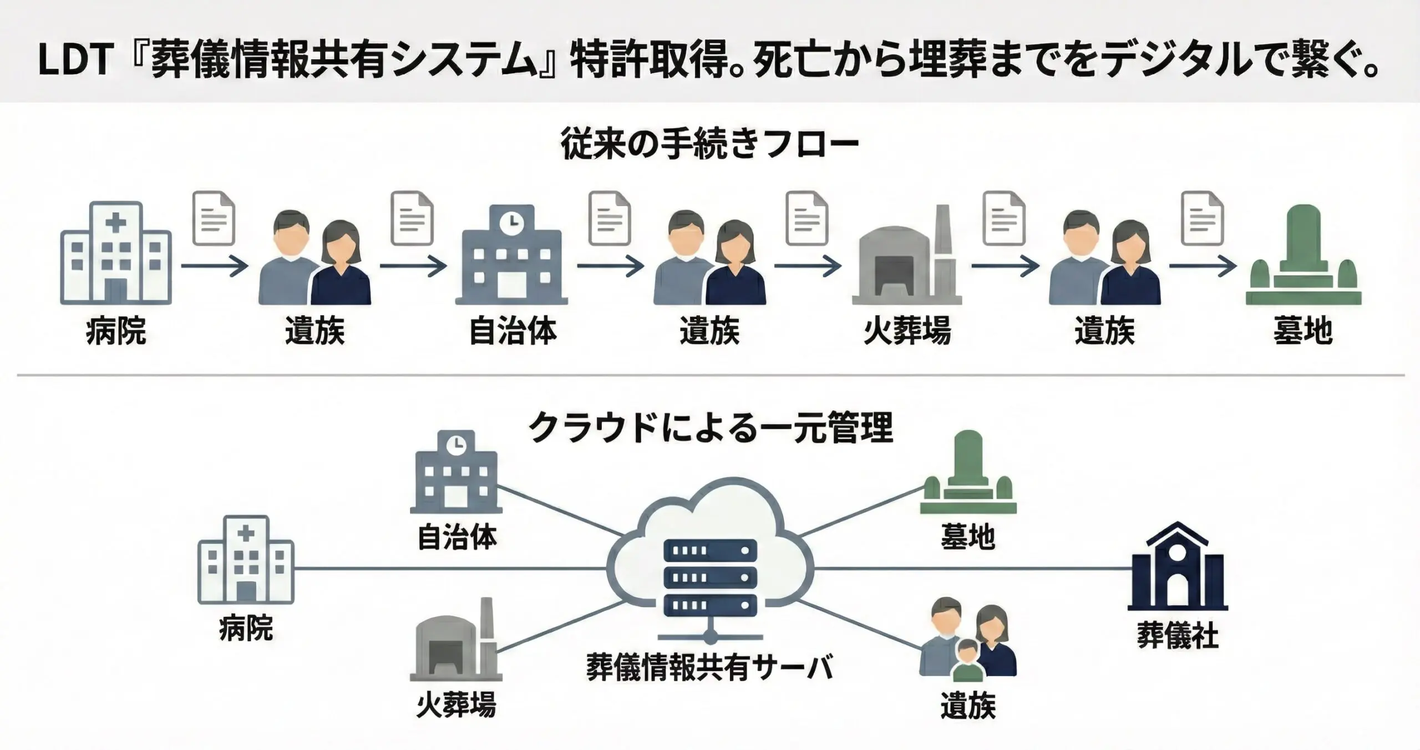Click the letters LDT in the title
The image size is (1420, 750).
click(x=76, y=60)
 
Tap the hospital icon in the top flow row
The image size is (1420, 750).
click(x=115, y=254)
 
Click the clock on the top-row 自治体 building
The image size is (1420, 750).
click(x=511, y=222)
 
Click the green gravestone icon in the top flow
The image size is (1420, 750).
click(x=1303, y=256)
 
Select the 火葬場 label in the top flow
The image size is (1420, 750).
click(x=907, y=331)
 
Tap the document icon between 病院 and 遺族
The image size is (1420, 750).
click(x=214, y=219)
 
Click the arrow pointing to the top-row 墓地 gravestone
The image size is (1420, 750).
click(x=1203, y=267)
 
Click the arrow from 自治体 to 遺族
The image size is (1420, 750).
click(x=610, y=267)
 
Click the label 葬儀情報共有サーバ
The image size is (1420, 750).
click(x=710, y=668)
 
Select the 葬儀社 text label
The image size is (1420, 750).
click(x=1177, y=636)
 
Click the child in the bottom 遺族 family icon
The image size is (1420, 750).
click(x=968, y=660)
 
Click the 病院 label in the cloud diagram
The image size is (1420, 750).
click(x=246, y=629)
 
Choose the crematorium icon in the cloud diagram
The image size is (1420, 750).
click(x=456, y=641)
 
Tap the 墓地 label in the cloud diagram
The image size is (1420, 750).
click(x=968, y=537)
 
